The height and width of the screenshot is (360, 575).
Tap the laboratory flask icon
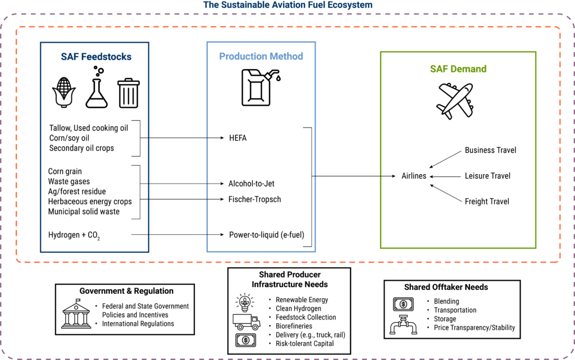97,88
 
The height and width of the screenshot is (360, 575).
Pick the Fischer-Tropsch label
254,199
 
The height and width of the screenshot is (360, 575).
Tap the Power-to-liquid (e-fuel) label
266,234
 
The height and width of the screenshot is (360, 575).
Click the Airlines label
414,176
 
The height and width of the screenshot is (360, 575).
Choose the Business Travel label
490,151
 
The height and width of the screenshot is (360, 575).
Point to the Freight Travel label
487,201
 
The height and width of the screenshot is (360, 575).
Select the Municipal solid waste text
84,212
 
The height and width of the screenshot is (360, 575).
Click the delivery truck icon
245,321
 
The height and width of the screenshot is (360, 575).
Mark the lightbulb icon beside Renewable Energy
245,303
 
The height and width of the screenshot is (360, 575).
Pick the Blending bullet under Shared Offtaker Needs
446,301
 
